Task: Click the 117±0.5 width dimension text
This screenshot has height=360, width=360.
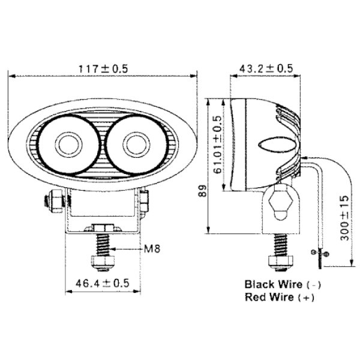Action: pos(103,69)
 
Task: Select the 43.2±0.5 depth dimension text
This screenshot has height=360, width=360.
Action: pos(266,68)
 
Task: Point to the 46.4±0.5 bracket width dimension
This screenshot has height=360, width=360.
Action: pos(103,283)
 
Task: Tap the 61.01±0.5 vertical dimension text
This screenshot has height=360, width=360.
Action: pos(217,145)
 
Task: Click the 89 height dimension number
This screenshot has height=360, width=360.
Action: pos(203,191)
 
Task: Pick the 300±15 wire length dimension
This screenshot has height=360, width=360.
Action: pos(344,218)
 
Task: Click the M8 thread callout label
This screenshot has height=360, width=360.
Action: pos(152,248)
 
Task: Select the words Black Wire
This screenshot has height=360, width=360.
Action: pos(273,284)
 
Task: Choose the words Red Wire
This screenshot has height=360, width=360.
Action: pos(269,297)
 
